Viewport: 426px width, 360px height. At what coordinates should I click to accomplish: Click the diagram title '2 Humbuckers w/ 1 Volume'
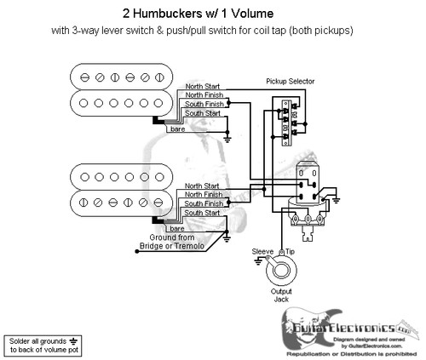(212, 11)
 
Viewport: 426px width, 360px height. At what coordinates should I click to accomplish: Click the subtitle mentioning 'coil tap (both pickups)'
(212, 31)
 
